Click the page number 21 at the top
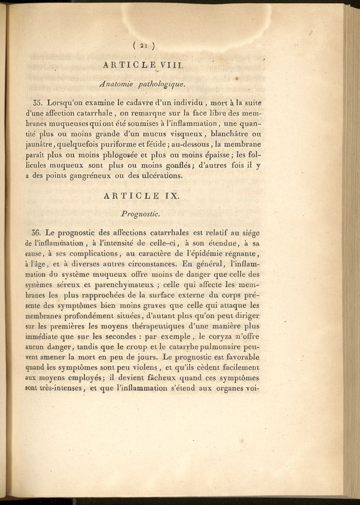pos(144,45)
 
